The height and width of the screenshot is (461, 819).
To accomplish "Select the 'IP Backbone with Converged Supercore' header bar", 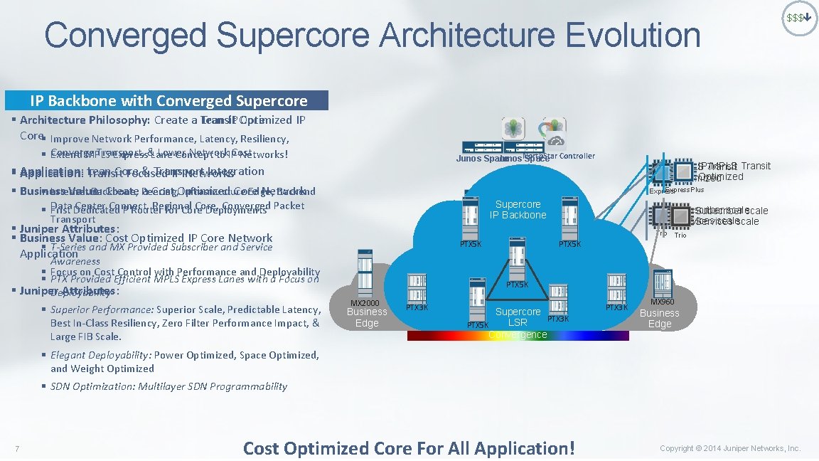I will pyautogui.click(x=168, y=100).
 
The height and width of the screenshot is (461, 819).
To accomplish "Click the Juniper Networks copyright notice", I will pyautogui.click(x=729, y=448).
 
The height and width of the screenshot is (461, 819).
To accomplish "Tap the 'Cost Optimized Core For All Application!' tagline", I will pyautogui.click(x=408, y=448).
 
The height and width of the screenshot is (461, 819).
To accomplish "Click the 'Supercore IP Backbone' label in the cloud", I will pyautogui.click(x=518, y=209).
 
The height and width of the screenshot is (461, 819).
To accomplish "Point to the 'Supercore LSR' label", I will pyautogui.click(x=518, y=317).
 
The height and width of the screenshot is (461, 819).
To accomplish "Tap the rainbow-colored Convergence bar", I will pyautogui.click(x=518, y=335).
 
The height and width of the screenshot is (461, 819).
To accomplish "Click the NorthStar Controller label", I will pyautogui.click(x=560, y=156).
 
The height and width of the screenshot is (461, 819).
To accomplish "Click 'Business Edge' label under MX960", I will pyautogui.click(x=659, y=318).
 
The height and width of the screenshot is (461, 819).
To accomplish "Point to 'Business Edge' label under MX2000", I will pyautogui.click(x=367, y=317).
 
